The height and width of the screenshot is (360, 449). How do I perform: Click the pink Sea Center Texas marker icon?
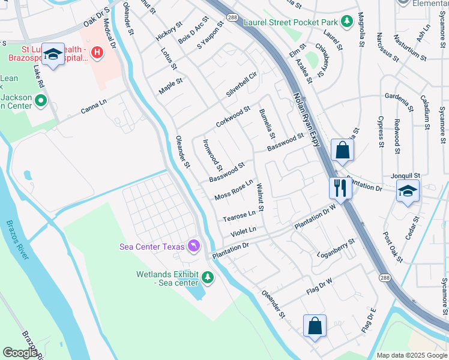(x=194, y=245)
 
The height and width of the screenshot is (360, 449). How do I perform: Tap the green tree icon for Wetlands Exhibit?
(x=207, y=277)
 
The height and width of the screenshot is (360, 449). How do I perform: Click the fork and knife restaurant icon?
(x=340, y=187)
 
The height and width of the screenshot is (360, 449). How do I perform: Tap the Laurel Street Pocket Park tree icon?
(x=346, y=22)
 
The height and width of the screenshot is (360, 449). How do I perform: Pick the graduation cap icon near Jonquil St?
(x=408, y=191)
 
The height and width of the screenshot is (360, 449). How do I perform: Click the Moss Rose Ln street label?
(x=234, y=190)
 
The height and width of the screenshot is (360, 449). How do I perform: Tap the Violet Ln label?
(x=244, y=231)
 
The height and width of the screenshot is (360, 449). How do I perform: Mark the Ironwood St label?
(x=212, y=155)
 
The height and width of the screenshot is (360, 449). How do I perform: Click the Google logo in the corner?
(x=20, y=353)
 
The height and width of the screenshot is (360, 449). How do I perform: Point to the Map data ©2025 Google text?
(x=411, y=355)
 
